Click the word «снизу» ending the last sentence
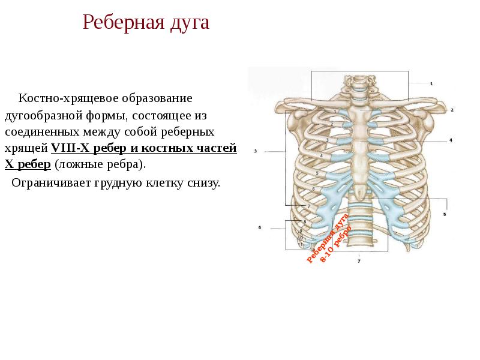[204, 182]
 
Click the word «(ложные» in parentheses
[76, 164]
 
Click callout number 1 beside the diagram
[431, 83]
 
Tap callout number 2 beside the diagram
[452, 110]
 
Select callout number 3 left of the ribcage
[256, 152]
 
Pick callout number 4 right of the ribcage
[450, 140]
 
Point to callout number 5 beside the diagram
[445, 214]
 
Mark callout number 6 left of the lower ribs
[260, 227]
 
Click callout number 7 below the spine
[359, 262]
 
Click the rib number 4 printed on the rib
[322, 156]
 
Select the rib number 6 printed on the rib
[313, 189]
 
